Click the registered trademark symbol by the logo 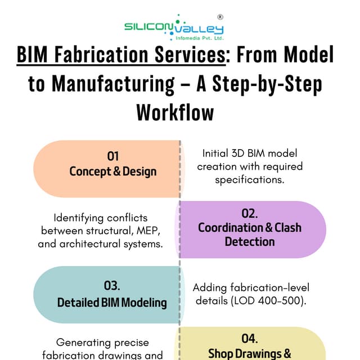pos(220,17)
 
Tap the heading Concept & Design pos(113,171)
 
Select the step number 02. pos(250,213)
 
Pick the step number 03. pos(112,286)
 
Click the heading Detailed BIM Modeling pos(112,302)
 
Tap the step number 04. pos(250,339)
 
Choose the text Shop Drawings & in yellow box pos(250,353)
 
